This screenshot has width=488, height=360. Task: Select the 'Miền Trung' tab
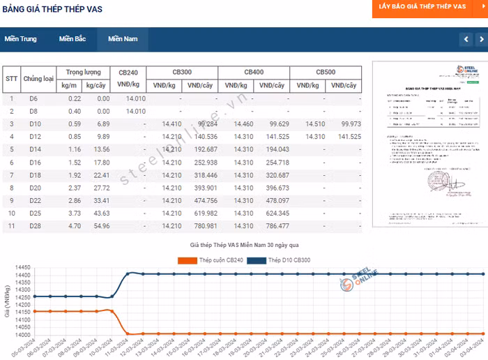coord(20,39)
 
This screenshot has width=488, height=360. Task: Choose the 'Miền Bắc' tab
coord(73,39)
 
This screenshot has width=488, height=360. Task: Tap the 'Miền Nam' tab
coord(123,39)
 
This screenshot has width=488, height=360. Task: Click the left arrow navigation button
coord(466,40)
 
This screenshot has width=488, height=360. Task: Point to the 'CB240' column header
coord(132,73)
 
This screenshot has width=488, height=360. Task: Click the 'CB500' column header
coord(326,73)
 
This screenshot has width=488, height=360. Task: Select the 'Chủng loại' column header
coord(38,79)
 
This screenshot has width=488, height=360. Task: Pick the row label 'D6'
coord(33,99)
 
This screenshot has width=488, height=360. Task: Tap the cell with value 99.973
coord(346,124)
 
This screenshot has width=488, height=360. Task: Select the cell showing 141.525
coord(346,137)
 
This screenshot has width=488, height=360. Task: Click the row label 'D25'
coord(34,213)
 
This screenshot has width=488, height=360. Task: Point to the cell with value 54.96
coord(98,226)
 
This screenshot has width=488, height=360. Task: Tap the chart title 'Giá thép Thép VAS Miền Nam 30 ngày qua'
coord(244,246)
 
